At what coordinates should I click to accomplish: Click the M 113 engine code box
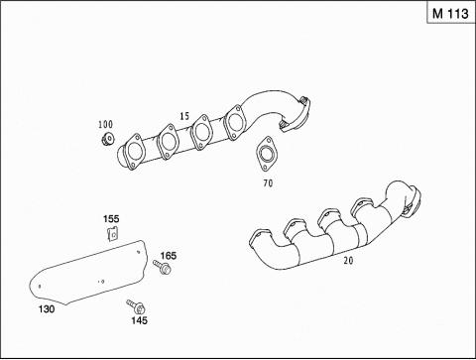click(x=451, y=13)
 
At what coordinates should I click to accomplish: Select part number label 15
click(x=184, y=116)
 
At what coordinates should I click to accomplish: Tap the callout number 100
click(x=105, y=124)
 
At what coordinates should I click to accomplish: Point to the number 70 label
click(x=268, y=182)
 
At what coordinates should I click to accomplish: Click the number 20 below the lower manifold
click(x=348, y=261)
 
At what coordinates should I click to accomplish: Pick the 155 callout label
click(x=111, y=219)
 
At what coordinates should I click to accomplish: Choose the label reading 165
click(x=169, y=256)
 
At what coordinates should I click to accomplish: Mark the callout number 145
click(x=139, y=320)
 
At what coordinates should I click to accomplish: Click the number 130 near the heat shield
click(x=47, y=309)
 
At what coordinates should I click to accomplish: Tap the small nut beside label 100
click(x=108, y=139)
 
